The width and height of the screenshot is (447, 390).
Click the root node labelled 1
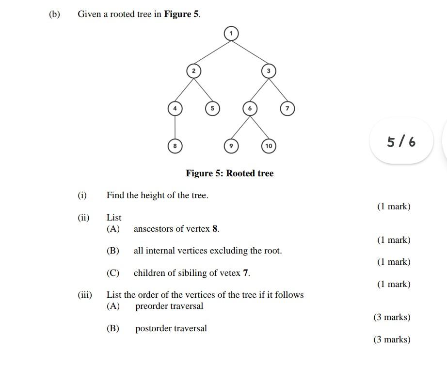coord(231,33)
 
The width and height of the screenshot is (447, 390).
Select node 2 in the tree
coord(193,71)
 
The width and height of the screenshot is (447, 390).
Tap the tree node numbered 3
coord(269,71)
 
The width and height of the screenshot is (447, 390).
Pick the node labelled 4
coord(175,108)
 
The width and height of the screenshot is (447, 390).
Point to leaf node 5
coord(212,108)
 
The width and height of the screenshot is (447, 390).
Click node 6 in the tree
coord(250,108)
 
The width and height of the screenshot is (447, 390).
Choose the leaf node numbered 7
coord(287,108)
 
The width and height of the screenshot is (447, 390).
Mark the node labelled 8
coord(175,146)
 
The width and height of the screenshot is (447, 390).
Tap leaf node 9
coord(231,146)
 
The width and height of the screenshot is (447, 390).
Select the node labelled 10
coord(269,146)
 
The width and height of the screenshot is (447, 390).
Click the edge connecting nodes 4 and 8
coord(175,127)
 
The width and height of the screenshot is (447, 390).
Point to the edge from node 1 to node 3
coord(250,52)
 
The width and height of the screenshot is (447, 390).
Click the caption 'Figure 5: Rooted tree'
coord(229,173)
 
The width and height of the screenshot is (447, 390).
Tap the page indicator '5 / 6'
coord(401,142)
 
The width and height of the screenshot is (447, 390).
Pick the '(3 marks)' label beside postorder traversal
coord(391,339)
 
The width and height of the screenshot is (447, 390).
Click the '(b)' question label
coord(54,14)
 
